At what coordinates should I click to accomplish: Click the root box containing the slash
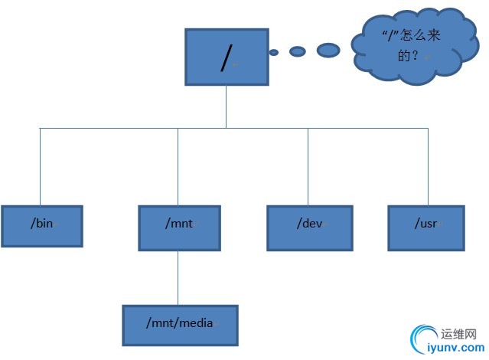227,57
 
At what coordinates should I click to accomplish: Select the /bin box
41,226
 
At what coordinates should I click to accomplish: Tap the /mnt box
179,227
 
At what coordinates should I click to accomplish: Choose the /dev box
310,227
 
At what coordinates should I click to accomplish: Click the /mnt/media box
180,325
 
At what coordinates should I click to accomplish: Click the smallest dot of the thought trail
273,53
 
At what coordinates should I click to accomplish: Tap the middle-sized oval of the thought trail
298,51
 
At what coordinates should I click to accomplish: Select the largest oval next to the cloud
328,50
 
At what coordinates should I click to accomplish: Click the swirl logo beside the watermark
424,339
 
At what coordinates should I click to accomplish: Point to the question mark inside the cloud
416,56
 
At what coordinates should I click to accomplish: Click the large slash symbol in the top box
225,58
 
